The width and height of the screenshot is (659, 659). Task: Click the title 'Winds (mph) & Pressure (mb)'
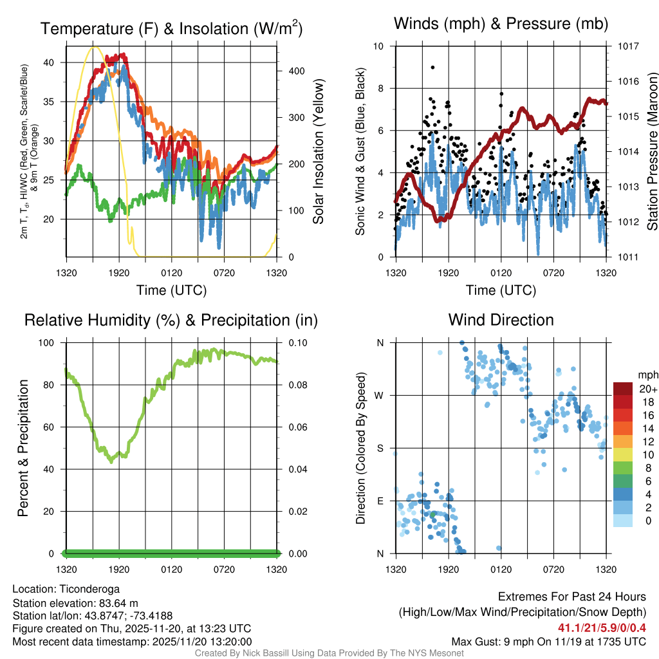pyautogui.click(x=501, y=24)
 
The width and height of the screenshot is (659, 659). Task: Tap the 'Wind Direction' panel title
pyautogui.click(x=501, y=320)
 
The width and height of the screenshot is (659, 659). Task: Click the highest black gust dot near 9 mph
pyautogui.click(x=432, y=68)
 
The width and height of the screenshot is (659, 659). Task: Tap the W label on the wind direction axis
pyautogui.click(x=380, y=396)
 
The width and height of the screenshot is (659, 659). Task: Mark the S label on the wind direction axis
pyautogui.click(x=380, y=449)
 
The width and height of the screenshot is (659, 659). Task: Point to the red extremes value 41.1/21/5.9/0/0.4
pyautogui.click(x=602, y=627)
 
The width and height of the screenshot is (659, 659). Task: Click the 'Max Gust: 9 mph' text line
pyautogui.click(x=548, y=641)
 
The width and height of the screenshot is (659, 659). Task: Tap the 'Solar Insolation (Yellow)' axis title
pyautogui.click(x=318, y=152)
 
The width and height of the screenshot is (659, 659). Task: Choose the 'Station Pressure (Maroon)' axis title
pyautogui.click(x=651, y=152)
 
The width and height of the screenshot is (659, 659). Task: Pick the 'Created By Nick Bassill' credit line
pyautogui.click(x=329, y=653)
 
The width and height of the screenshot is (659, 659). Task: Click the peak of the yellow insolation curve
pyautogui.click(x=95, y=47)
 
